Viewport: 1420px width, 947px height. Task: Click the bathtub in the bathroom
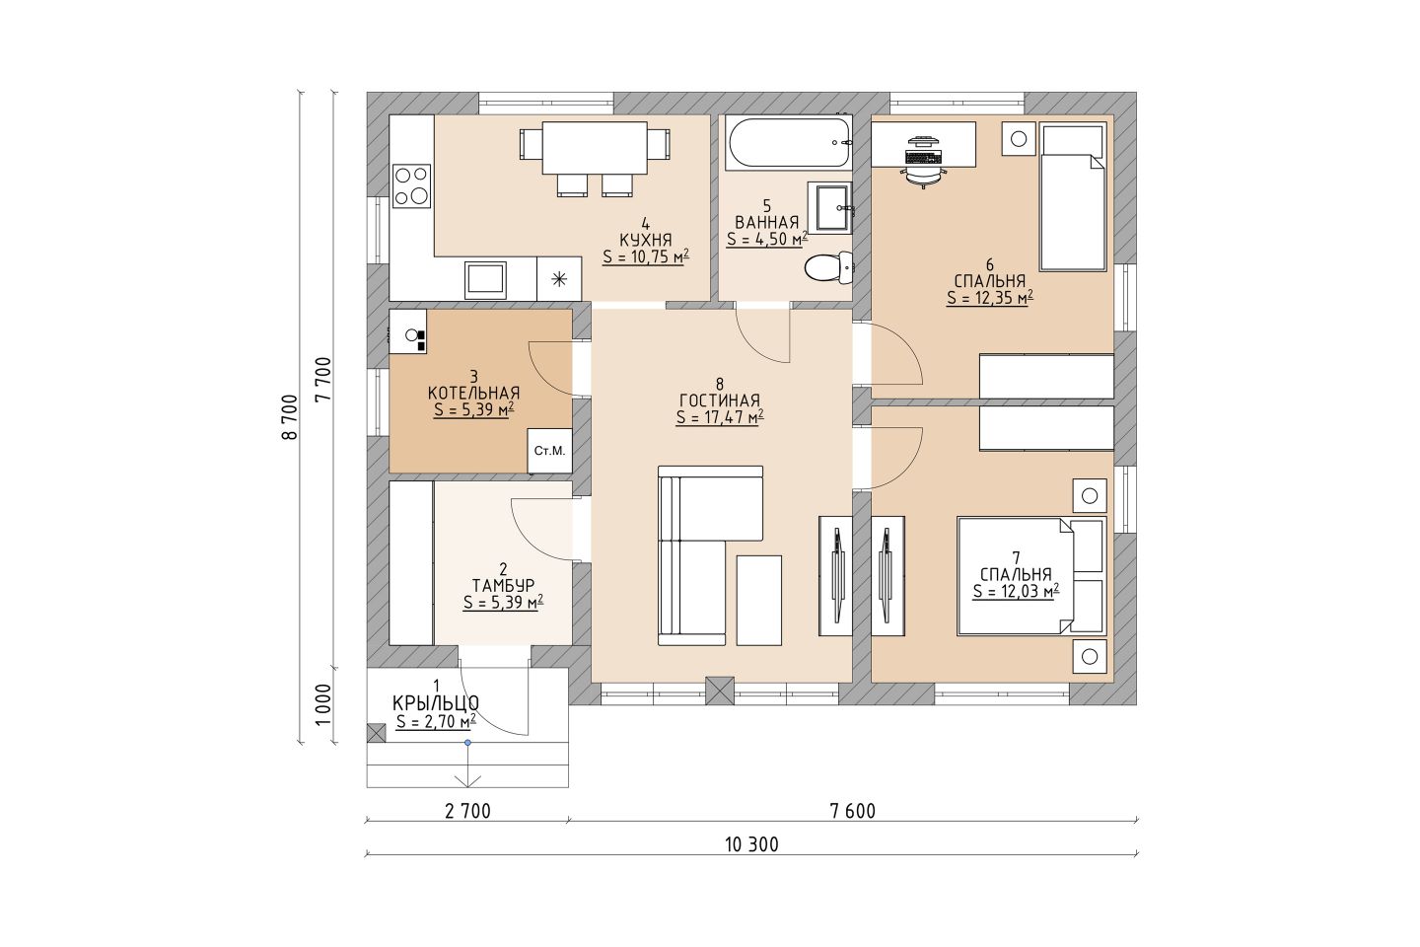[789, 143]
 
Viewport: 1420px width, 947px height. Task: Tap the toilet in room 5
[828, 267]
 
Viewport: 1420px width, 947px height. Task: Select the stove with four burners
[411, 185]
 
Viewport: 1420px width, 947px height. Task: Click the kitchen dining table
[594, 148]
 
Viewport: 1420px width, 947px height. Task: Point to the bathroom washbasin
[831, 208]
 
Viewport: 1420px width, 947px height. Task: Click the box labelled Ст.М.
[549, 451]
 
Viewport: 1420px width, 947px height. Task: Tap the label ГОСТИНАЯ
[720, 401]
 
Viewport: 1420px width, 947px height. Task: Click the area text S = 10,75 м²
[646, 256]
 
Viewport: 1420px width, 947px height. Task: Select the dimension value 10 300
[751, 844]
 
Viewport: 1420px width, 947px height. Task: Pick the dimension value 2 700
[467, 811]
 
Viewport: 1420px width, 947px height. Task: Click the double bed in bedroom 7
[1031, 575]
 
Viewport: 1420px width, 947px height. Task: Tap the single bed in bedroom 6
[1073, 197]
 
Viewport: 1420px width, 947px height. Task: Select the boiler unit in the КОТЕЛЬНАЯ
[407, 331]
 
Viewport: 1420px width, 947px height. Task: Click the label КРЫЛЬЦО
[436, 703]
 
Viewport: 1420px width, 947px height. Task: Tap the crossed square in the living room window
[720, 691]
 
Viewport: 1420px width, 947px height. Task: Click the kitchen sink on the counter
[485, 279]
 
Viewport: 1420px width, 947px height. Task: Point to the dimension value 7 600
[853, 811]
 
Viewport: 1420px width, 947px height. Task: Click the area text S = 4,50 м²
[767, 239]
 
